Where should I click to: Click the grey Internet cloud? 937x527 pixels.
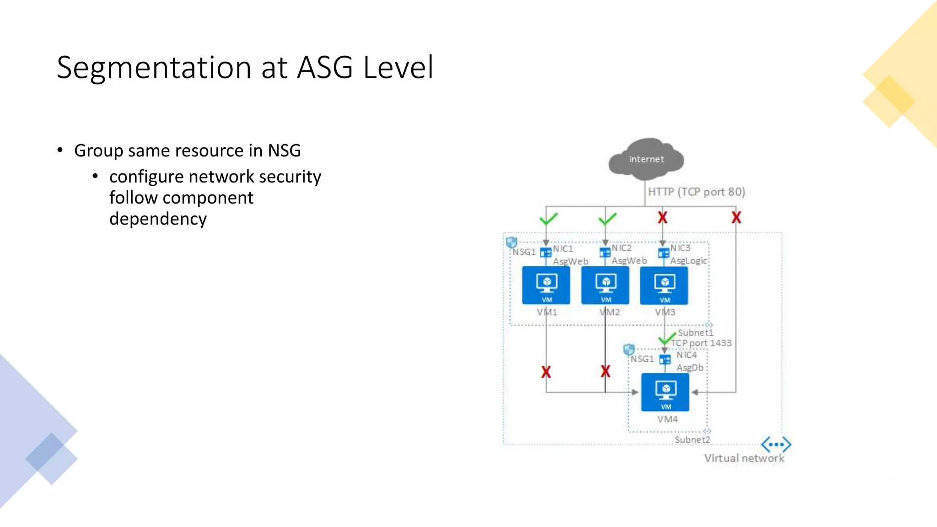646,159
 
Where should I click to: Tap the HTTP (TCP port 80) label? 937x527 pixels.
696,192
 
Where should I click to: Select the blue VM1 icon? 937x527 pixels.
546,285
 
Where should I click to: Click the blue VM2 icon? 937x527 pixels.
605,285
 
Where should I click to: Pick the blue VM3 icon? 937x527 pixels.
664,285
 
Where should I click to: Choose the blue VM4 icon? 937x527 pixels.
665,392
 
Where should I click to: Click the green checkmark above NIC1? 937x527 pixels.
548,219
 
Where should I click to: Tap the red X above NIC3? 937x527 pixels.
662,218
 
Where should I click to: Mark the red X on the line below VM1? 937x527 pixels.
546,372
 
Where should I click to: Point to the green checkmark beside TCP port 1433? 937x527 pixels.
666,339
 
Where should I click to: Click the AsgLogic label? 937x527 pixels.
688,261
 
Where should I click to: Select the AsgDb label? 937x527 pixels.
689,368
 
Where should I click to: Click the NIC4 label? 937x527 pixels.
686,355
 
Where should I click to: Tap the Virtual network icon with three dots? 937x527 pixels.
776,444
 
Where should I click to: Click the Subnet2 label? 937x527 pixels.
692,440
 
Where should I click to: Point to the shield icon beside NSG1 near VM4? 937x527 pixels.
629,350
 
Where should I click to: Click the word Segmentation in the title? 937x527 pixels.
154,68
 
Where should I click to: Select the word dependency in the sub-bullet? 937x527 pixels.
158,219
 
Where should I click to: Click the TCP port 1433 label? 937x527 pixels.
701,343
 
